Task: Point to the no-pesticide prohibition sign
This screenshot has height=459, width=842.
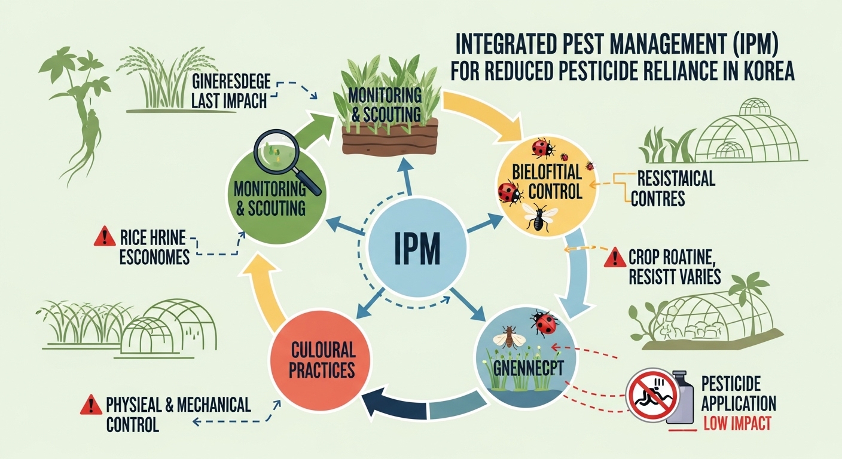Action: click(652, 394)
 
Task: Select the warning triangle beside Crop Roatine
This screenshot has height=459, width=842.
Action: click(614, 258)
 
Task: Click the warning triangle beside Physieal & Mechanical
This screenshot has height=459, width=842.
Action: click(89, 406)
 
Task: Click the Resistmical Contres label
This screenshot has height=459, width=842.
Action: click(675, 187)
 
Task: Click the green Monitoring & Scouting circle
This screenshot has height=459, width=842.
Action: click(270, 197)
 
